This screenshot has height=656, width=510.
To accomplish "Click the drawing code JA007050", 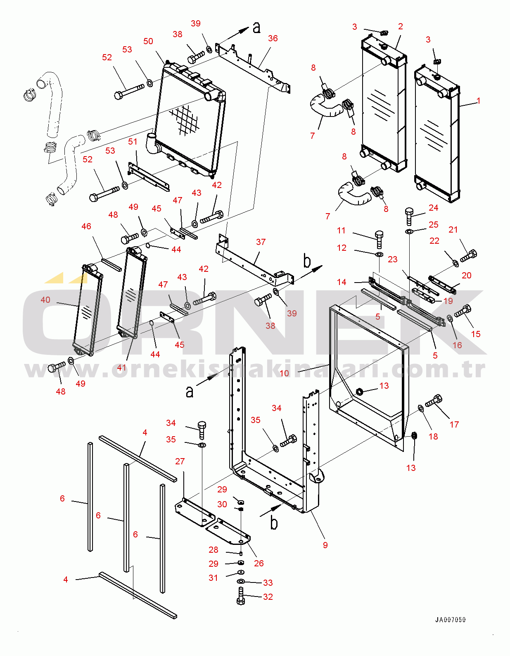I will pos(450,620).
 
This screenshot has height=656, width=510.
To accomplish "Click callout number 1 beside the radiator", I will pos(478,100).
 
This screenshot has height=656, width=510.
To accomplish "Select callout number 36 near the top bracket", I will pos(273,38).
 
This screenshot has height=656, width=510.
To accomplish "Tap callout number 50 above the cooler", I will pos(148,41).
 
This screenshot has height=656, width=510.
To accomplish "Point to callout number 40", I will pos(45,300).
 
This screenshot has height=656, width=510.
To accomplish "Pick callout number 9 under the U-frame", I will pos(325,545).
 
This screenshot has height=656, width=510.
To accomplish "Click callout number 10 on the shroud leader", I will pos(284,373).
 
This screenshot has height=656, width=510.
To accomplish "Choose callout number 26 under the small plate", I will pos(259,563).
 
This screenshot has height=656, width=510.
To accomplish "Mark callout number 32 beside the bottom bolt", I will pos(268,597).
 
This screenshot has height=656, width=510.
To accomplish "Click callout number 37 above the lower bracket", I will pos(261,242).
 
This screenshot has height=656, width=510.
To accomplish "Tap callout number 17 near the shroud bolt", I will pos(454,425).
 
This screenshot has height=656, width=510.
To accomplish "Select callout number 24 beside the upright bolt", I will pos(433,208).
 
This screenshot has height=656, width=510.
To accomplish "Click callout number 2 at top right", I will pos(400,26).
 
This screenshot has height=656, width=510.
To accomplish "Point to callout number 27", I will pos(180,461).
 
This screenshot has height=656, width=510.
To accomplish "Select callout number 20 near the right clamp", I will pos(467,276).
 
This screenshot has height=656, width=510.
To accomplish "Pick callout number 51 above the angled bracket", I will pos(133,142).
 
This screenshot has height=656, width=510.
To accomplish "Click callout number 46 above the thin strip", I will pos(86,226).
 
